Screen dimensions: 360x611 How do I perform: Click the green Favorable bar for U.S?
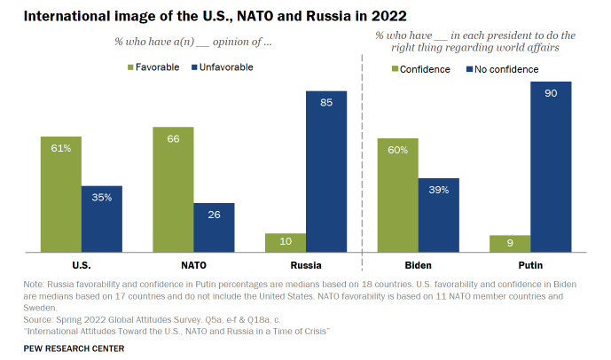[60, 195]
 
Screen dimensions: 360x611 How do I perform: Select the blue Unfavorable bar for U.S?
[101, 220]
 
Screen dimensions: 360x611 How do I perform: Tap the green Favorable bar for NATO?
[173, 191]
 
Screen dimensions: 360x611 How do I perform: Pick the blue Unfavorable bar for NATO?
[214, 228]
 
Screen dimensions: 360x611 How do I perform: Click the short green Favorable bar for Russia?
[286, 244]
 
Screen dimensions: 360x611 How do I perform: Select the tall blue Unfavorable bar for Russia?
[326, 173]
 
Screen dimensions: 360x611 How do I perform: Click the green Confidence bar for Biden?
[398, 196]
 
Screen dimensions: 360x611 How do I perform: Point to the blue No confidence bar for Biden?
[439, 216]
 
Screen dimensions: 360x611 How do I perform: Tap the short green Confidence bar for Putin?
[511, 245]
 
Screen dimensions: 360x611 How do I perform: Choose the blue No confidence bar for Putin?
[552, 168]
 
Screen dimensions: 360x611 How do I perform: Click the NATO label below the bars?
[193, 265]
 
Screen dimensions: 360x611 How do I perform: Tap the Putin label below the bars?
[531, 265]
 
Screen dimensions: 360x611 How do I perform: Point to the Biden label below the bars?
[419, 265]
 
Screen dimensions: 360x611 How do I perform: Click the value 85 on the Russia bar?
[326, 102]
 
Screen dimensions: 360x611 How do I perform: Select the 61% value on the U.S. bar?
[60, 148]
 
